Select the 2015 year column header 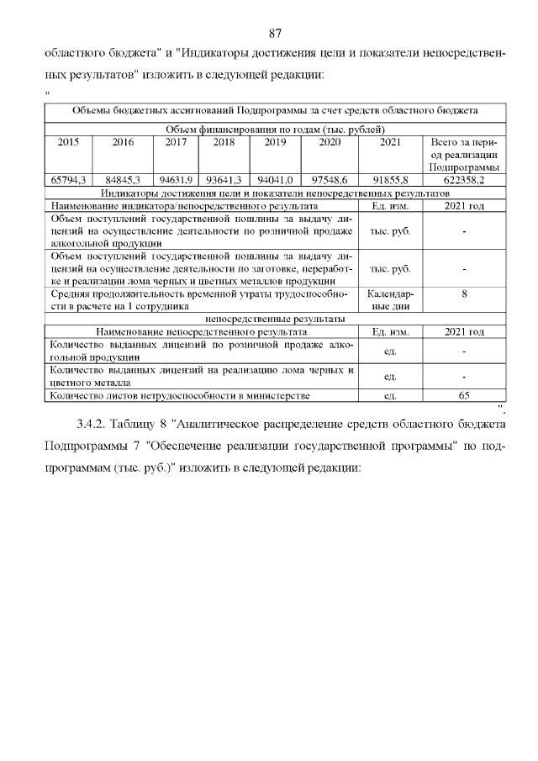pos(69,143)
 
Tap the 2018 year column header pos(224,143)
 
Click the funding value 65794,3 pos(69,180)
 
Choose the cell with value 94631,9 pos(177,180)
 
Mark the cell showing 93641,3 pos(224,180)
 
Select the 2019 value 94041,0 pos(275,180)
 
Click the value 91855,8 pos(390,180)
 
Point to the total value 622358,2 pos(464,180)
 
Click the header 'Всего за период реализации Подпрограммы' pos(464,156)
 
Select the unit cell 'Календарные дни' pos(390,301)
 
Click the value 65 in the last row pos(464,395)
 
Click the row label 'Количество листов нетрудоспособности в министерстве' pos(181,395)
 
